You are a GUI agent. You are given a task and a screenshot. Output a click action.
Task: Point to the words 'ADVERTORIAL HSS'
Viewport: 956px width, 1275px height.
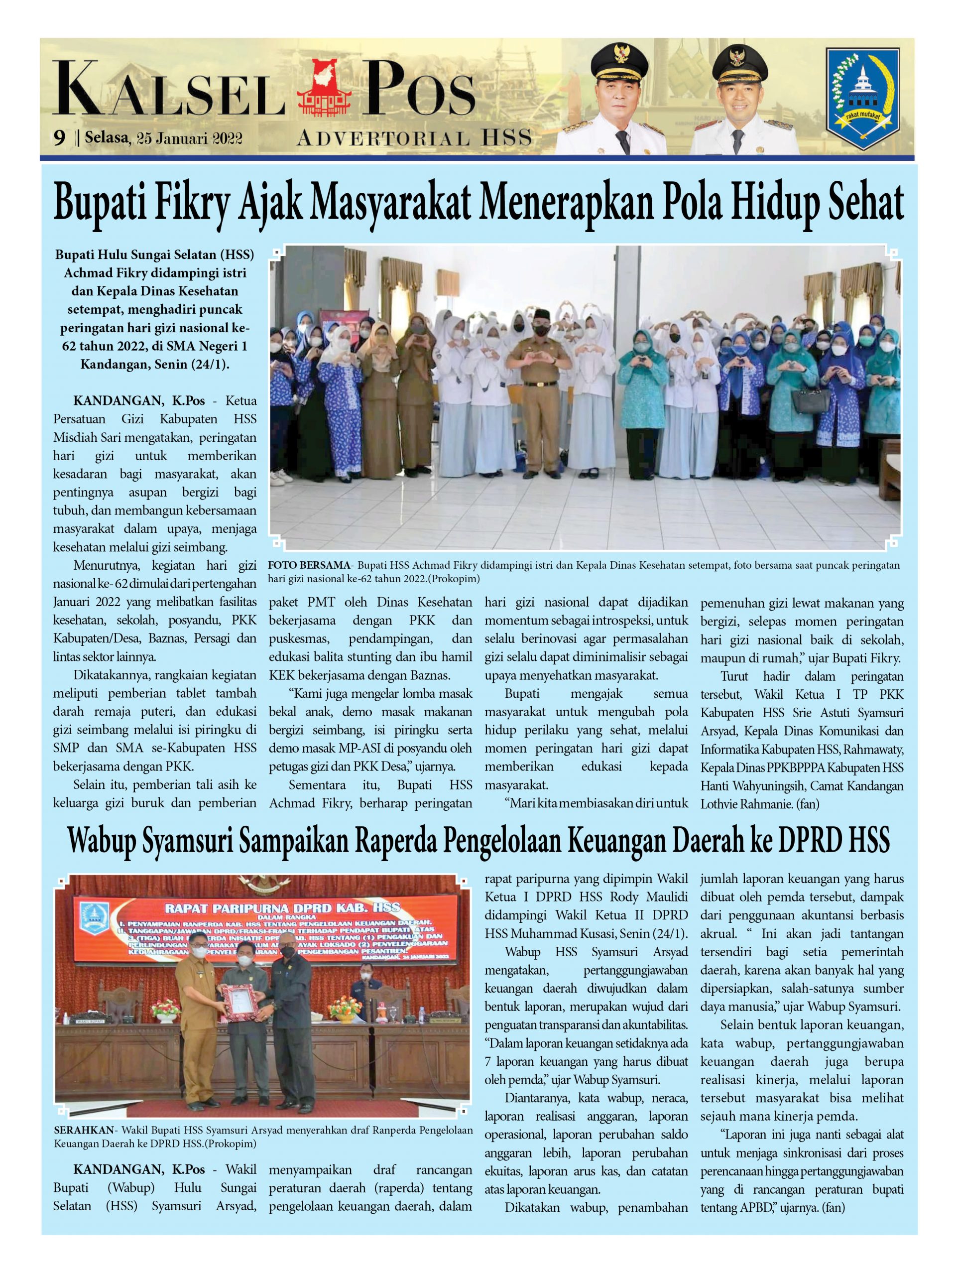[414, 138]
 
